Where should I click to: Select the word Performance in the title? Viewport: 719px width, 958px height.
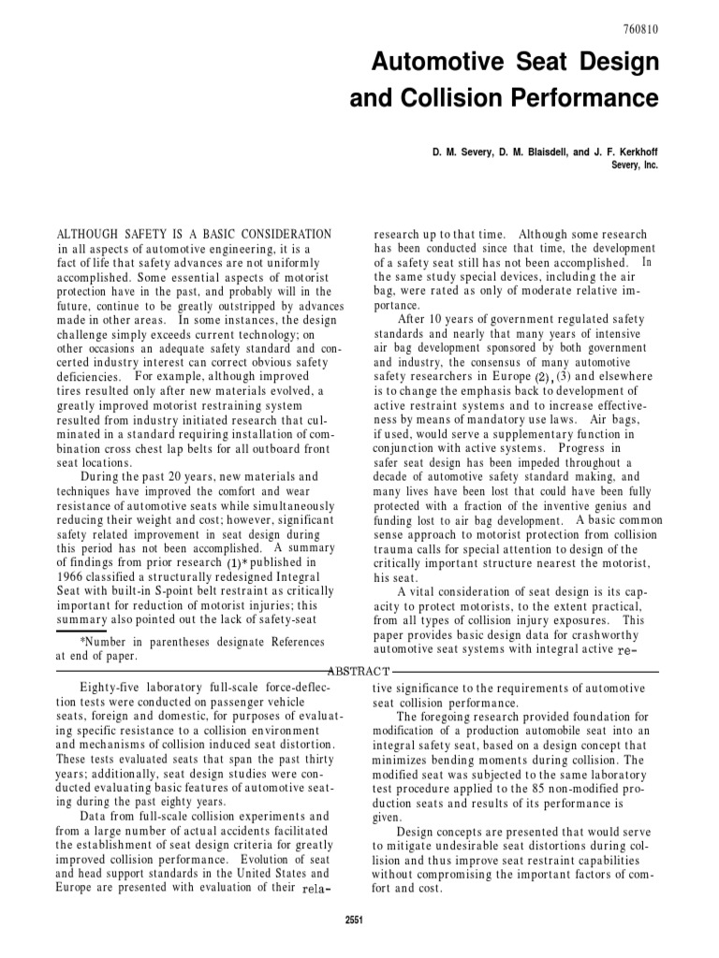pyautogui.click(x=591, y=98)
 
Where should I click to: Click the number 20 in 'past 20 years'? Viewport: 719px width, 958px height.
pyautogui.click(x=194, y=477)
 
